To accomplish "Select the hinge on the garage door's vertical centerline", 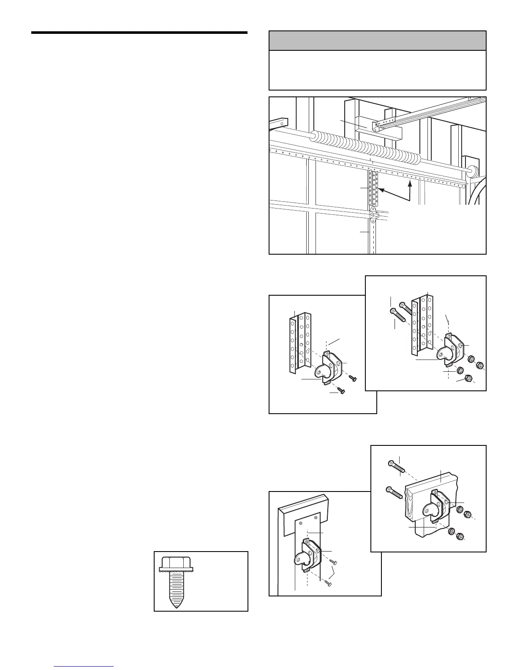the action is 373,215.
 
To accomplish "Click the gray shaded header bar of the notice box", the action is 377,41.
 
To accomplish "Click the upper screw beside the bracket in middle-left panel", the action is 353,377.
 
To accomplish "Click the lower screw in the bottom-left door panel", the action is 328,583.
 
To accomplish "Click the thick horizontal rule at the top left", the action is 139,33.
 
